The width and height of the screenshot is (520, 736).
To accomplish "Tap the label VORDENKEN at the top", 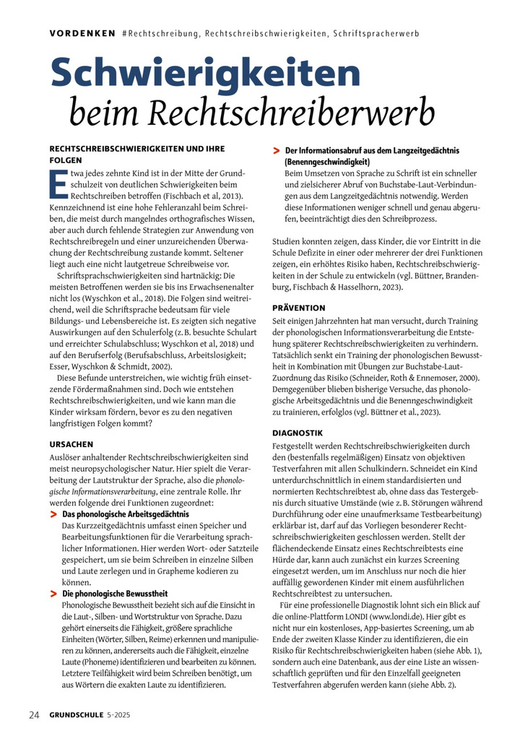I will click(x=82, y=33).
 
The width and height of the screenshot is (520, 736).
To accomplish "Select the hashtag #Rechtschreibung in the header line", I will click(x=161, y=33).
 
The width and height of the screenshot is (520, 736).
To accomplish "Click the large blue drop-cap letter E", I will click(x=55, y=183).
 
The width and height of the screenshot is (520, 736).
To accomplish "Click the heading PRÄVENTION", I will click(x=298, y=307).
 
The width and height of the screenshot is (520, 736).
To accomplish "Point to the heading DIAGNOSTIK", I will click(x=297, y=433).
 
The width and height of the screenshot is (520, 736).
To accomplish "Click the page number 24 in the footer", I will click(x=34, y=715).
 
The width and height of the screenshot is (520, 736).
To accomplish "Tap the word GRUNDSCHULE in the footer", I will click(x=78, y=715).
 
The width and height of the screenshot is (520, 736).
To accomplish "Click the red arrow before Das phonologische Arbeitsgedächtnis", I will click(x=53, y=514).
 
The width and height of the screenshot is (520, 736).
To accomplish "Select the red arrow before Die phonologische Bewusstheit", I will click(x=53, y=593).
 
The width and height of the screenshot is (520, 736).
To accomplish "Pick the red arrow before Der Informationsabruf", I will click(x=277, y=150).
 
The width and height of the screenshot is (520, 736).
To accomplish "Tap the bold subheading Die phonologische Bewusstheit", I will click(x=110, y=593).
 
